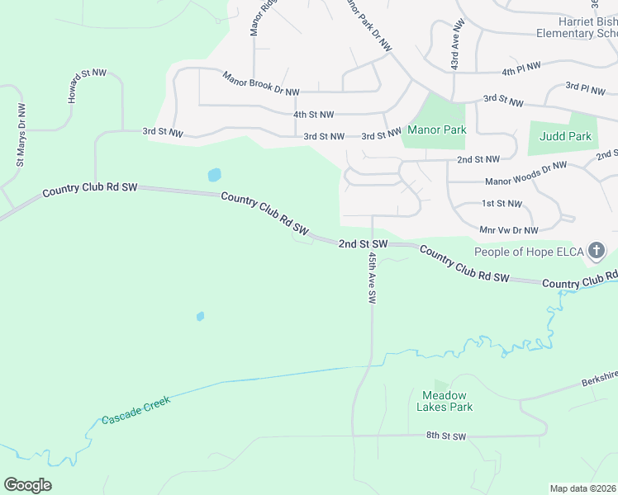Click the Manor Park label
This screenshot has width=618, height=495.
(x=436, y=130)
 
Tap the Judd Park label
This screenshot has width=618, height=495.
(x=565, y=136)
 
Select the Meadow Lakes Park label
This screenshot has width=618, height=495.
(x=447, y=401)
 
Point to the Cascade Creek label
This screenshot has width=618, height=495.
(x=135, y=409)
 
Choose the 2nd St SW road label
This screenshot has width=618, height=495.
(x=363, y=244)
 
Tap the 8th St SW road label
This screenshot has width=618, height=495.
(x=446, y=436)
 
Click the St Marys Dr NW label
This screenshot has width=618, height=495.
(x=20, y=134)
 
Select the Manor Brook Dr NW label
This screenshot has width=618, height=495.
(x=260, y=83)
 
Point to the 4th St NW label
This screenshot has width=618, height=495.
(x=313, y=115)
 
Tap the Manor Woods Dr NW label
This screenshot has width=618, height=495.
(x=525, y=173)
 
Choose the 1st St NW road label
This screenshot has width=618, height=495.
(x=502, y=203)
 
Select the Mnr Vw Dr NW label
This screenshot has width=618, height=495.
(x=509, y=230)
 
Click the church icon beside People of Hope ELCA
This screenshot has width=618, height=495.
(x=597, y=251)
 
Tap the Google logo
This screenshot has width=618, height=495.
(x=28, y=484)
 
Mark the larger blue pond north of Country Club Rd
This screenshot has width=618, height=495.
(x=214, y=175)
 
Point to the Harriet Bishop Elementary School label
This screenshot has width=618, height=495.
(x=576, y=26)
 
